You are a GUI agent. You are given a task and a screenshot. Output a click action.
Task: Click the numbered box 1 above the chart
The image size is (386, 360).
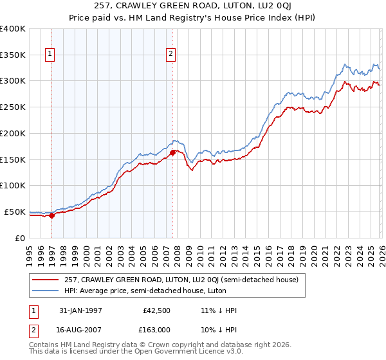click(50, 55)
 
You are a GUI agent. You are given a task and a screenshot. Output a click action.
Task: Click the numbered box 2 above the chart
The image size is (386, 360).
click(171, 55)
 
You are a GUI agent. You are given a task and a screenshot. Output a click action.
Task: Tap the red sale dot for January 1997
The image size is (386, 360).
click(52, 215)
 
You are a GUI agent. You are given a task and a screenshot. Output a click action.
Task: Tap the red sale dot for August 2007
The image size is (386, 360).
click(173, 152)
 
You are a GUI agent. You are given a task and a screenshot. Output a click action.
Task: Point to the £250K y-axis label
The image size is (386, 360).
click(13, 107)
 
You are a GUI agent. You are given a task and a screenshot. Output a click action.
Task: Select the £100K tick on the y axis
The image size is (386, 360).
click(13, 185)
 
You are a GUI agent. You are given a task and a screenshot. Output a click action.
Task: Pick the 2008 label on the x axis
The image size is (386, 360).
click(178, 253)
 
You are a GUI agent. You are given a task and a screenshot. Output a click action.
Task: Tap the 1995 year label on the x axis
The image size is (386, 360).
click(30, 253)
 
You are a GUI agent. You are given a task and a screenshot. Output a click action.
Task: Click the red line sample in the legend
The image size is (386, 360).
click(46, 280)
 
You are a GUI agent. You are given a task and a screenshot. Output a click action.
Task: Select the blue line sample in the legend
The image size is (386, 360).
click(46, 291)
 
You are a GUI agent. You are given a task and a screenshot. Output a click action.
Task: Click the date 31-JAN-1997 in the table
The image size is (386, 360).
click(78, 310)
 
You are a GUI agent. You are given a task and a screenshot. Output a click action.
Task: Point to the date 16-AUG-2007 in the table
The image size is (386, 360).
click(78, 330)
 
